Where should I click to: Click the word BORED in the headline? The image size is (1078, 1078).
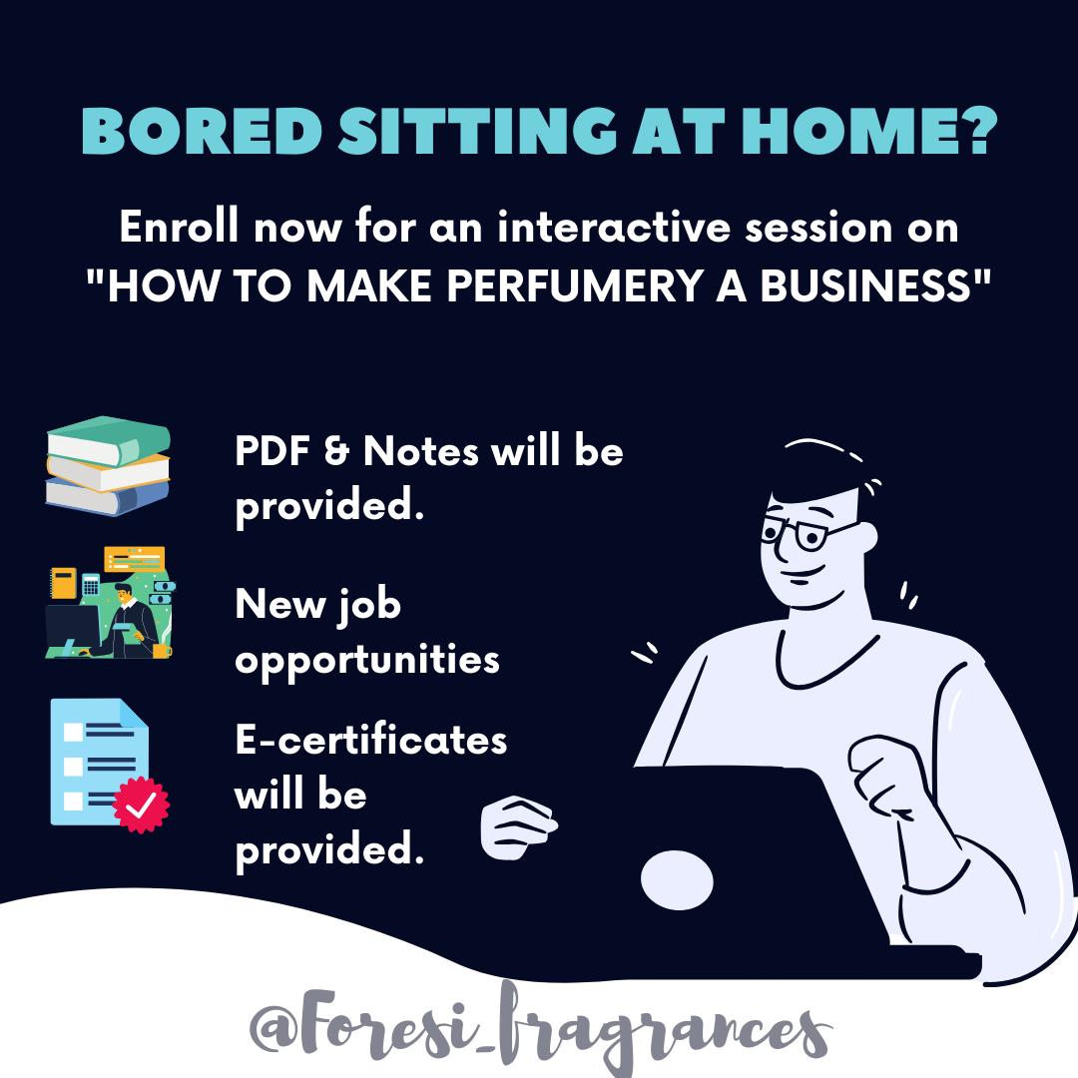tap(202, 131)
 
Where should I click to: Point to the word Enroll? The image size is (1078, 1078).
tap(179, 226)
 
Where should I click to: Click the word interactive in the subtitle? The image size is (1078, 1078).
tap(613, 227)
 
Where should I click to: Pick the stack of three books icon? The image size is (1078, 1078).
tap(108, 465)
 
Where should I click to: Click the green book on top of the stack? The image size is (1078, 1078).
tap(109, 440)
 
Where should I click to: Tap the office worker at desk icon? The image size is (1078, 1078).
tap(110, 602)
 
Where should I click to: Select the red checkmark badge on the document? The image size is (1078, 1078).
tap(141, 805)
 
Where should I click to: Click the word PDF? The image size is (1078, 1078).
tap(272, 452)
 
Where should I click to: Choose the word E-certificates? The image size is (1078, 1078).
tap(371, 740)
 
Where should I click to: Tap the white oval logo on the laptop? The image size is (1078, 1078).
tap(677, 880)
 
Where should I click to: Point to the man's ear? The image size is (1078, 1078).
tap(866, 536)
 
